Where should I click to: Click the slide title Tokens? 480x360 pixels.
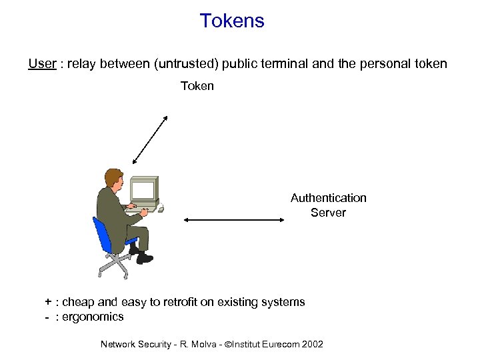232,21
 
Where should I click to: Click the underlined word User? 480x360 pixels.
41,64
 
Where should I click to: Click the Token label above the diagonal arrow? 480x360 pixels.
197,86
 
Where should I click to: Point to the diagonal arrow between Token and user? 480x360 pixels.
151,139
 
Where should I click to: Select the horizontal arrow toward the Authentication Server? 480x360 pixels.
233,219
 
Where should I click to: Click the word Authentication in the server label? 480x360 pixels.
328,198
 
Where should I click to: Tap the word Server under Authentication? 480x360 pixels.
328,213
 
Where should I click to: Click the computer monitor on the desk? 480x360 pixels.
145,189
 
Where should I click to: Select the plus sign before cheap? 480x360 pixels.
48,302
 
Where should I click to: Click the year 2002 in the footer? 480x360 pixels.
312,344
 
